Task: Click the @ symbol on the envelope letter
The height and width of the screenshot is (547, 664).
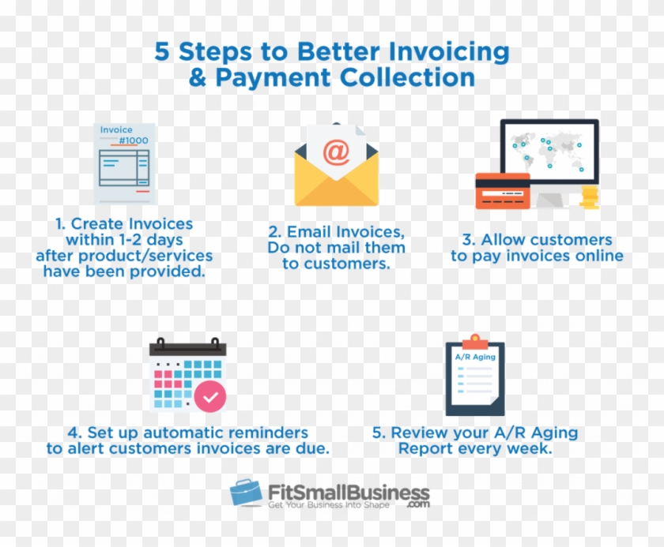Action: (x=336, y=152)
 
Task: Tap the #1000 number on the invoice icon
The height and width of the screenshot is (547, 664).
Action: (x=134, y=141)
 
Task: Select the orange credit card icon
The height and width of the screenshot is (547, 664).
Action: (x=502, y=191)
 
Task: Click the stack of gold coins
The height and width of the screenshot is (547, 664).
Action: (x=590, y=197)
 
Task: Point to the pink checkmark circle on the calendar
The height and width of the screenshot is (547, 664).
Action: (x=210, y=397)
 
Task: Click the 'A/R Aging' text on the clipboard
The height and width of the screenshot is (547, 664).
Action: (x=475, y=357)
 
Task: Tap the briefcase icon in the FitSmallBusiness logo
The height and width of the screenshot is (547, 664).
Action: (x=247, y=493)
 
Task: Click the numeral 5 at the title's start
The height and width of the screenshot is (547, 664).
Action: (x=161, y=52)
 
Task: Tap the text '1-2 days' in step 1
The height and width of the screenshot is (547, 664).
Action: (x=155, y=240)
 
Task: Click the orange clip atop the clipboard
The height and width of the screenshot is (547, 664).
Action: (x=474, y=340)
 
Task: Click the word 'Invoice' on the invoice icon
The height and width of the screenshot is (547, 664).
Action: (x=116, y=130)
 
